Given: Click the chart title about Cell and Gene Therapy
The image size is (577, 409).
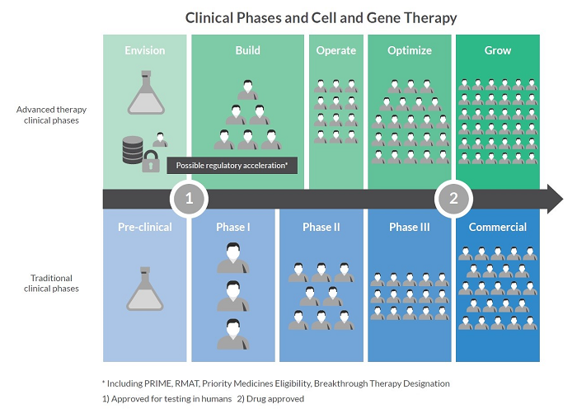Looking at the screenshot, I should [x=321, y=16].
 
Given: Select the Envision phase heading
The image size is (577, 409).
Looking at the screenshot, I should [x=144, y=50].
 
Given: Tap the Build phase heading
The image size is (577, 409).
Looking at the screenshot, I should [x=247, y=50].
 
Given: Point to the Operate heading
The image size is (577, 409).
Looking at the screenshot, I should [x=336, y=50].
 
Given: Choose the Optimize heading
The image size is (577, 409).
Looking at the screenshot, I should [x=410, y=50].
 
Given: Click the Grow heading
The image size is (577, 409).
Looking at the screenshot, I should [x=498, y=50].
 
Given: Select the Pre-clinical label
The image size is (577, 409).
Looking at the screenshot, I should [x=144, y=227].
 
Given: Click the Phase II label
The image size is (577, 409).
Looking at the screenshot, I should [x=321, y=227].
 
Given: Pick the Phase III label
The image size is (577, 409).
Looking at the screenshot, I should [x=410, y=227].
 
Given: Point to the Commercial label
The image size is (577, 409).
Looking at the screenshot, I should [x=498, y=227].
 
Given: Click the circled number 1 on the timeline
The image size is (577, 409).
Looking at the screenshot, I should [x=189, y=199].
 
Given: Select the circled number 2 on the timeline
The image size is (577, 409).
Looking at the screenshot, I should [x=453, y=199].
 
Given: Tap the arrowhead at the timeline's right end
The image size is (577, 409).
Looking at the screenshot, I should [x=554, y=199].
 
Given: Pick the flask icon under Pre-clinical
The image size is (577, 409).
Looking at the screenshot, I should [x=144, y=288].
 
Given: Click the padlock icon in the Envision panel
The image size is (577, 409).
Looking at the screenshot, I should [x=151, y=162].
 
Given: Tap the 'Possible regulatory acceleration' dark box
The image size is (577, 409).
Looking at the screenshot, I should [x=232, y=165].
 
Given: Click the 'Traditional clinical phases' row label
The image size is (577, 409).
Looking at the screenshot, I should [x=51, y=284].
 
